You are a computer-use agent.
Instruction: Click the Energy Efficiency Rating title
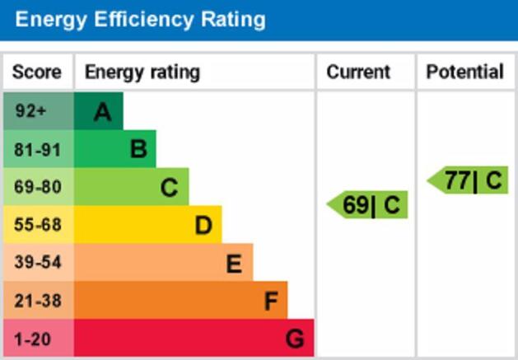pos(140,19)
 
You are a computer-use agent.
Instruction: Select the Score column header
pos(37,72)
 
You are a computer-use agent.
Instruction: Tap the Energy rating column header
pos(142,72)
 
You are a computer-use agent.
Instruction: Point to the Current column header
pos(358,72)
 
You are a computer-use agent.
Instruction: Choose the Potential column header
pos(464,72)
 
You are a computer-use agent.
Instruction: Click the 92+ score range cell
pos(38,111)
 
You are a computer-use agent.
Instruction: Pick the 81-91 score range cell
pos(38,149)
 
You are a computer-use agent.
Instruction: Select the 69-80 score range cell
pos(38,187)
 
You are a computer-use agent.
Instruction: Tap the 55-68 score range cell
pos(38,225)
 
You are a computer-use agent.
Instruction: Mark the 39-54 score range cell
pos(38,263)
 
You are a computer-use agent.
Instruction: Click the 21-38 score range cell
pos(38,301)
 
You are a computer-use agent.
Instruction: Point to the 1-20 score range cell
pos(38,338)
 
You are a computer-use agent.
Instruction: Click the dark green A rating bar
pos(98,111)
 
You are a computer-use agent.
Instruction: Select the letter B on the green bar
pos(138,149)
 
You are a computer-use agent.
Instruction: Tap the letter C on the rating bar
pos(169,188)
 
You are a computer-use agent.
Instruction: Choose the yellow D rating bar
pos(147,225)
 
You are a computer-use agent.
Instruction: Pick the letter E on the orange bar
pos(234,264)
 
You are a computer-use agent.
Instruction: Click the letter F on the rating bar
pos(270,302)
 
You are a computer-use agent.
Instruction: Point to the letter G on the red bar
pos(295,339)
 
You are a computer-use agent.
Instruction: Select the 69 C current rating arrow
pos(369,205)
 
